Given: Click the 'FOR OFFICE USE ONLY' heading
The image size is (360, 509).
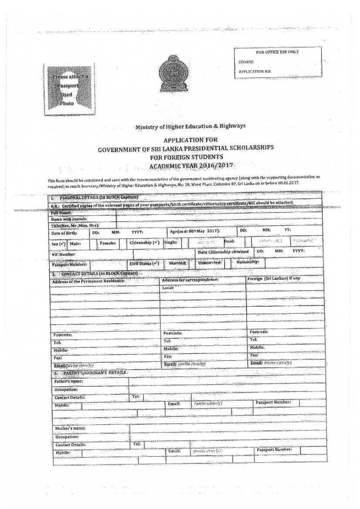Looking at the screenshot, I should [x=277, y=52].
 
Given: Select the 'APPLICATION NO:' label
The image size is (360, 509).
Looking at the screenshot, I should [x=255, y=71].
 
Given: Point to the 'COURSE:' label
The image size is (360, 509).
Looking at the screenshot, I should [x=246, y=62].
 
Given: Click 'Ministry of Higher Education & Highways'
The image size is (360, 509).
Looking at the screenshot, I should [x=190, y=127].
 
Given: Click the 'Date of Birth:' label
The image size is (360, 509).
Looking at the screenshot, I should [x=65, y=233].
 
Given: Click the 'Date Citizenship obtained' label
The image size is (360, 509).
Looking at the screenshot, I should [x=223, y=252].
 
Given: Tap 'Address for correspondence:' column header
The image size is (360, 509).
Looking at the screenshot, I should [x=190, y=279].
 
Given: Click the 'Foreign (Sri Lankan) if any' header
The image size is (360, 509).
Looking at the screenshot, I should [x=273, y=278].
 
